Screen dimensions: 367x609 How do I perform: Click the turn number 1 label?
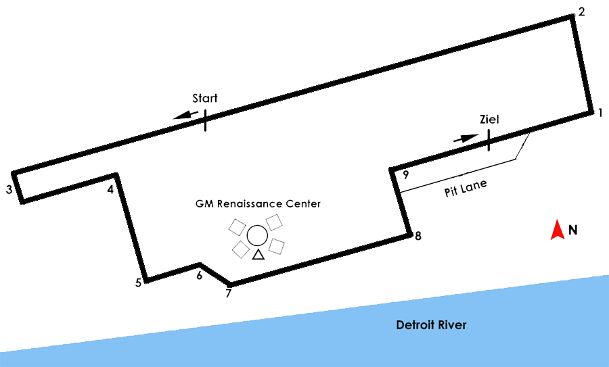click(x=600, y=113)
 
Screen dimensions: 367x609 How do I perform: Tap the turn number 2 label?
click(x=581, y=12)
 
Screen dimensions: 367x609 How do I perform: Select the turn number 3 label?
click(x=9, y=190)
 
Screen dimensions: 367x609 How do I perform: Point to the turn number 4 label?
click(x=110, y=190)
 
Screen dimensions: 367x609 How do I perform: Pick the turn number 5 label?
click(x=138, y=283)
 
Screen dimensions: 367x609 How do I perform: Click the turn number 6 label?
click(x=199, y=275)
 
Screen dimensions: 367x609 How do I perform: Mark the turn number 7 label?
click(x=228, y=293)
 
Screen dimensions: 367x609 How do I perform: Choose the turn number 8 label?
click(x=418, y=236)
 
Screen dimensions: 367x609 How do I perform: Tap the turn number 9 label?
click(x=405, y=174)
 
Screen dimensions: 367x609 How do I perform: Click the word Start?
click(x=204, y=99)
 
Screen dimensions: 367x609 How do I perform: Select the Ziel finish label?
click(x=489, y=120)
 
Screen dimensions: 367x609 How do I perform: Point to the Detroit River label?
click(x=431, y=325)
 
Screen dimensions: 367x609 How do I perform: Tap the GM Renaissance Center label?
click(x=258, y=203)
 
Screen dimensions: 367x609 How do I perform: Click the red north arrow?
click(x=557, y=229)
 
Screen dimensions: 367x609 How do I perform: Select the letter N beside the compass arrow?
click(x=572, y=230)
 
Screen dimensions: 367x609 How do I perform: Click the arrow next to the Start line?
click(x=181, y=116)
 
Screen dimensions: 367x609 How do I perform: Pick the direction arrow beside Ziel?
click(x=464, y=139)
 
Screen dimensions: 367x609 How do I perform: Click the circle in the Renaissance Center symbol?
click(x=256, y=235)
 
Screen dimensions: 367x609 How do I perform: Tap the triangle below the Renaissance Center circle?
click(x=257, y=255)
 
